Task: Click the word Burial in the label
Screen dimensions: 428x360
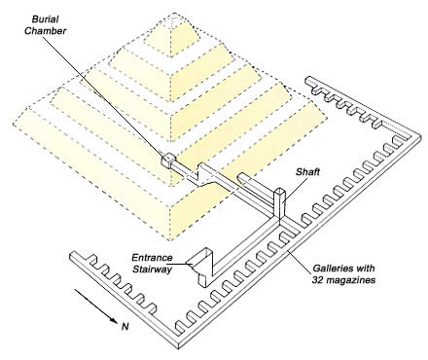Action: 46,19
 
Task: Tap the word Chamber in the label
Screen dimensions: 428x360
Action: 46,31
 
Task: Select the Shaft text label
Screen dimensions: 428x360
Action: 307,172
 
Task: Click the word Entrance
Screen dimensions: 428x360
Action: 152,258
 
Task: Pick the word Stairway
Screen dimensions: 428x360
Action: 153,270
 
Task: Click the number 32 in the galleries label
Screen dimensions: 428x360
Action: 318,280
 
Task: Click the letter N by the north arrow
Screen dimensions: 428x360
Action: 125,327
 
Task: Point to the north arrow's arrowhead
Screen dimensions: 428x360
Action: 114,320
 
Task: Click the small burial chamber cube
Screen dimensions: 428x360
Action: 168,160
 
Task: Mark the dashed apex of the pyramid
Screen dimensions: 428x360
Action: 175,13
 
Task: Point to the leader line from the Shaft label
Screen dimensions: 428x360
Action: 292,190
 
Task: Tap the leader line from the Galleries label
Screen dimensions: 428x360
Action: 299,261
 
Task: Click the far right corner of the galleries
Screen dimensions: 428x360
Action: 420,135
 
